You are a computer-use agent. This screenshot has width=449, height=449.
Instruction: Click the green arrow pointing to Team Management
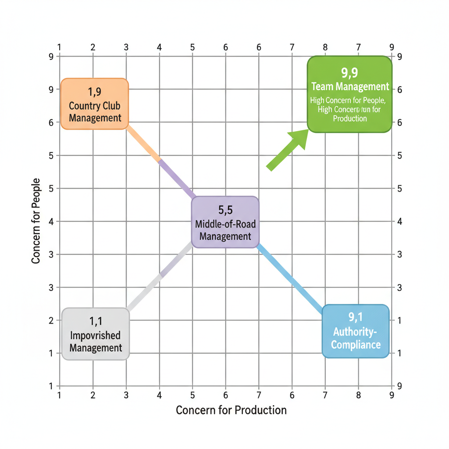[288, 149]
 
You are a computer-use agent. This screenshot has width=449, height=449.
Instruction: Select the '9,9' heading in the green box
[349, 72]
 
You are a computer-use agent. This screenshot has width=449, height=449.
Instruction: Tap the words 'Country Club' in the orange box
[95, 106]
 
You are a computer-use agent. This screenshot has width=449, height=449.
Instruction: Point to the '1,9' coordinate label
[95, 92]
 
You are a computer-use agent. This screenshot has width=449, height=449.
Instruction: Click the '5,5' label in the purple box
[225, 209]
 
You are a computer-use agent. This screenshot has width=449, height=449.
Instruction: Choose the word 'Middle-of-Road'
[225, 224]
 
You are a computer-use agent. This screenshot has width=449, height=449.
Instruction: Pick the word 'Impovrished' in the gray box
[96, 335]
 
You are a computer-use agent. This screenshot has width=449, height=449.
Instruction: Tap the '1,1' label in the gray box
[96, 321]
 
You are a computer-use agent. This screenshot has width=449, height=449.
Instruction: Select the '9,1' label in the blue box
[356, 317]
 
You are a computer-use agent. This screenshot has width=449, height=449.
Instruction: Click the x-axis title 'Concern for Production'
[231, 410]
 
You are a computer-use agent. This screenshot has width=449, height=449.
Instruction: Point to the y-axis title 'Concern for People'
[36, 221]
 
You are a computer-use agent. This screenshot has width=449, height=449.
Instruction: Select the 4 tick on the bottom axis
[159, 395]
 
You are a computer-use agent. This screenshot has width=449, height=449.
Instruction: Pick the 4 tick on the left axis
[51, 221]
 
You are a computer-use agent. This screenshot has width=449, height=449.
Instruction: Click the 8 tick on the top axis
[325, 47]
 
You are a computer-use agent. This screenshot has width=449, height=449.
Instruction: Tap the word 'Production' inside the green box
[349, 118]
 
